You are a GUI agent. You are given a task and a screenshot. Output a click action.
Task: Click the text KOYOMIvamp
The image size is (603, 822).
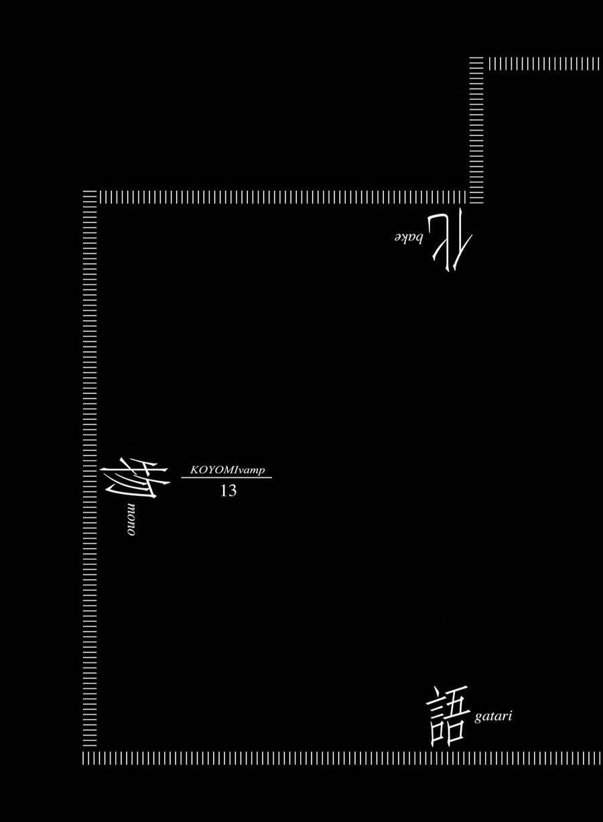coord(227,470)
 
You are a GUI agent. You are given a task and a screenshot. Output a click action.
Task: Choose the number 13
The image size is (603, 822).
coord(228,491)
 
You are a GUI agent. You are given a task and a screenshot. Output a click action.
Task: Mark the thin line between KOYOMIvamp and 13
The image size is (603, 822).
coord(227,478)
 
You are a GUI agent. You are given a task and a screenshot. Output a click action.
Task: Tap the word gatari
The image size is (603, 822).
coord(493,717)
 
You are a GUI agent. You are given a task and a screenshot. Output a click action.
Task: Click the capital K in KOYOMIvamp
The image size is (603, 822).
coord(194,470)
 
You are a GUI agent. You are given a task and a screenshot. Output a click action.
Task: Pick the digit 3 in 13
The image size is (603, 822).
coord(232,491)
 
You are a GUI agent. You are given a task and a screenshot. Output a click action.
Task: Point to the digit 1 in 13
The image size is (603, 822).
coord(224,491)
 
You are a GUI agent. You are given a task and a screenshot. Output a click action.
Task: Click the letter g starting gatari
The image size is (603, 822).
coord(478,718)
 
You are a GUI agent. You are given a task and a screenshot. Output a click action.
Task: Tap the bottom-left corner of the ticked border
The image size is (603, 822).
coord(90,758)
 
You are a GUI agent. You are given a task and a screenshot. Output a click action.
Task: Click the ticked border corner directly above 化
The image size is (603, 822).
coord(476,197)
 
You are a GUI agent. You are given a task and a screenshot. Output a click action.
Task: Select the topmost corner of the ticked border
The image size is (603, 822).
coord(476,64)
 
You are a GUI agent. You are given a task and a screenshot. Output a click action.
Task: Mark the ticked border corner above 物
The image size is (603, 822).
coord(90,197)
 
